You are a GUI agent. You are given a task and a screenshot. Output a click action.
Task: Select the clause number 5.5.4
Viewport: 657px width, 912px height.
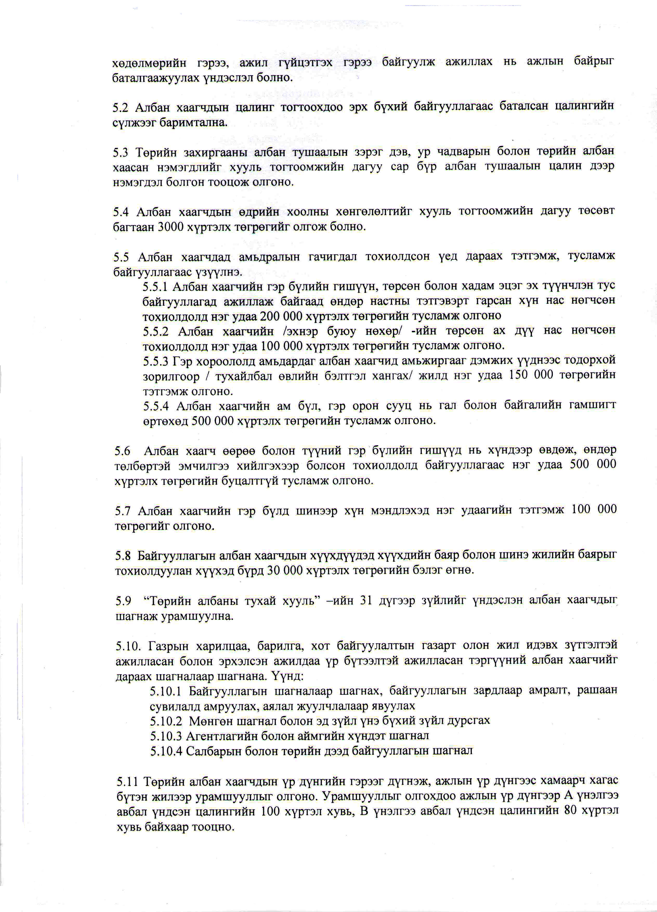pyautogui.click(x=156, y=406)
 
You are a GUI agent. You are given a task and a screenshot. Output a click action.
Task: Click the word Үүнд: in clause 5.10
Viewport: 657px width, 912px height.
pyautogui.click(x=286, y=676)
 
